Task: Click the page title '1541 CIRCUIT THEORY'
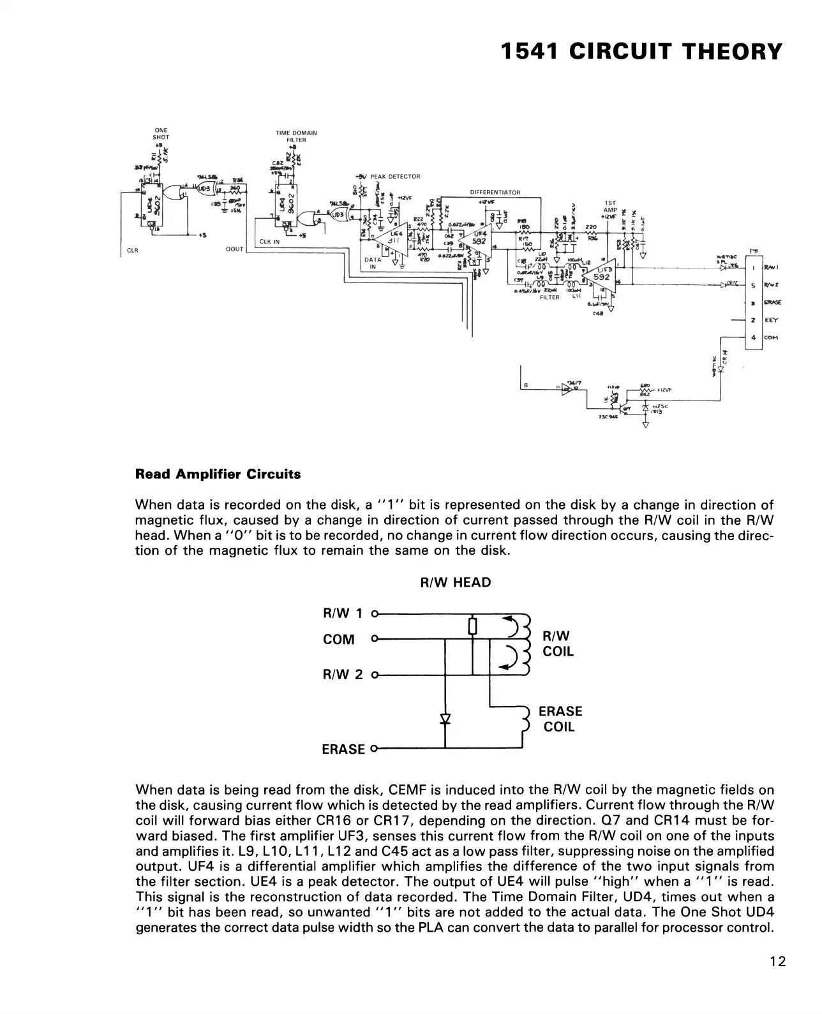641,51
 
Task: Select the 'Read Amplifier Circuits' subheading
218,474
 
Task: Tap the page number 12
777,962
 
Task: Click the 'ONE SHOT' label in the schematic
161,134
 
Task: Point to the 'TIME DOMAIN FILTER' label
295,136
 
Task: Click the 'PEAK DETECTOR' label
395,177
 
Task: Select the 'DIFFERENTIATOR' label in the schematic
495,192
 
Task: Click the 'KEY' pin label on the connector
771,321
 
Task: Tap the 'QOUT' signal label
235,249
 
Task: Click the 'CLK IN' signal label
270,242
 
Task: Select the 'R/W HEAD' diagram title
455,582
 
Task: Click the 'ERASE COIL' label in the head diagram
560,719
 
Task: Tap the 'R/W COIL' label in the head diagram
558,644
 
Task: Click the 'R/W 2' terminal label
343,674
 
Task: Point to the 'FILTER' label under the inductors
549,297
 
